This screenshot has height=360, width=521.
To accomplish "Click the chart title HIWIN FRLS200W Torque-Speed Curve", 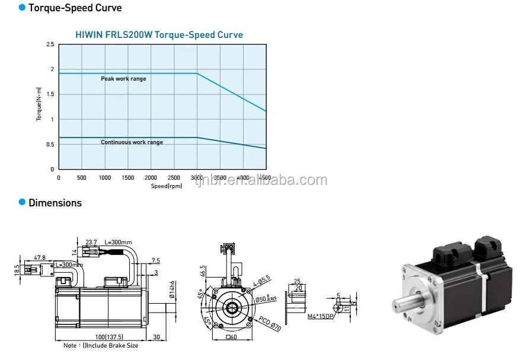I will [159, 35].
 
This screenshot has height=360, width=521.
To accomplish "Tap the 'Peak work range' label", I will [123, 79].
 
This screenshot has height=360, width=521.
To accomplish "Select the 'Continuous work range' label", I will [132, 142].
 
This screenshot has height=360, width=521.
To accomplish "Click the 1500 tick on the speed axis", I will [128, 177].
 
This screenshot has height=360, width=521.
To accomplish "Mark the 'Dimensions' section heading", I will [55, 203].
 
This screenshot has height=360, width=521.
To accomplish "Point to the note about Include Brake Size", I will [100, 345].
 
